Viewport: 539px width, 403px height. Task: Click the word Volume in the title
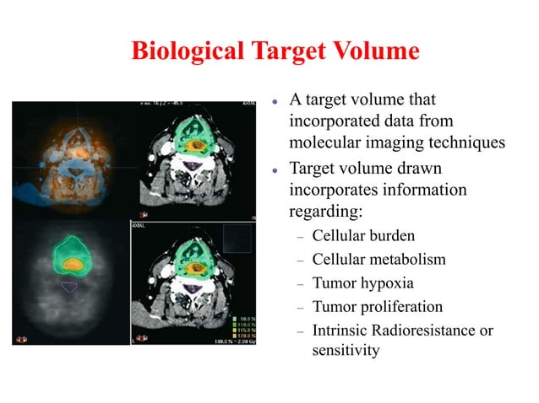click(378, 51)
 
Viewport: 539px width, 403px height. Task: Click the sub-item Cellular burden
click(363, 235)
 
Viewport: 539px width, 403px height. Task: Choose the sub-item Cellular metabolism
click(378, 259)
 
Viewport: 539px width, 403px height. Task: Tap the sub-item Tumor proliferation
click(377, 306)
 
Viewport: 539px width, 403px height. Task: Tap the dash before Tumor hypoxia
click(298, 283)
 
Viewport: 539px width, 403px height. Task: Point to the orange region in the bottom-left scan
click(74, 265)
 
